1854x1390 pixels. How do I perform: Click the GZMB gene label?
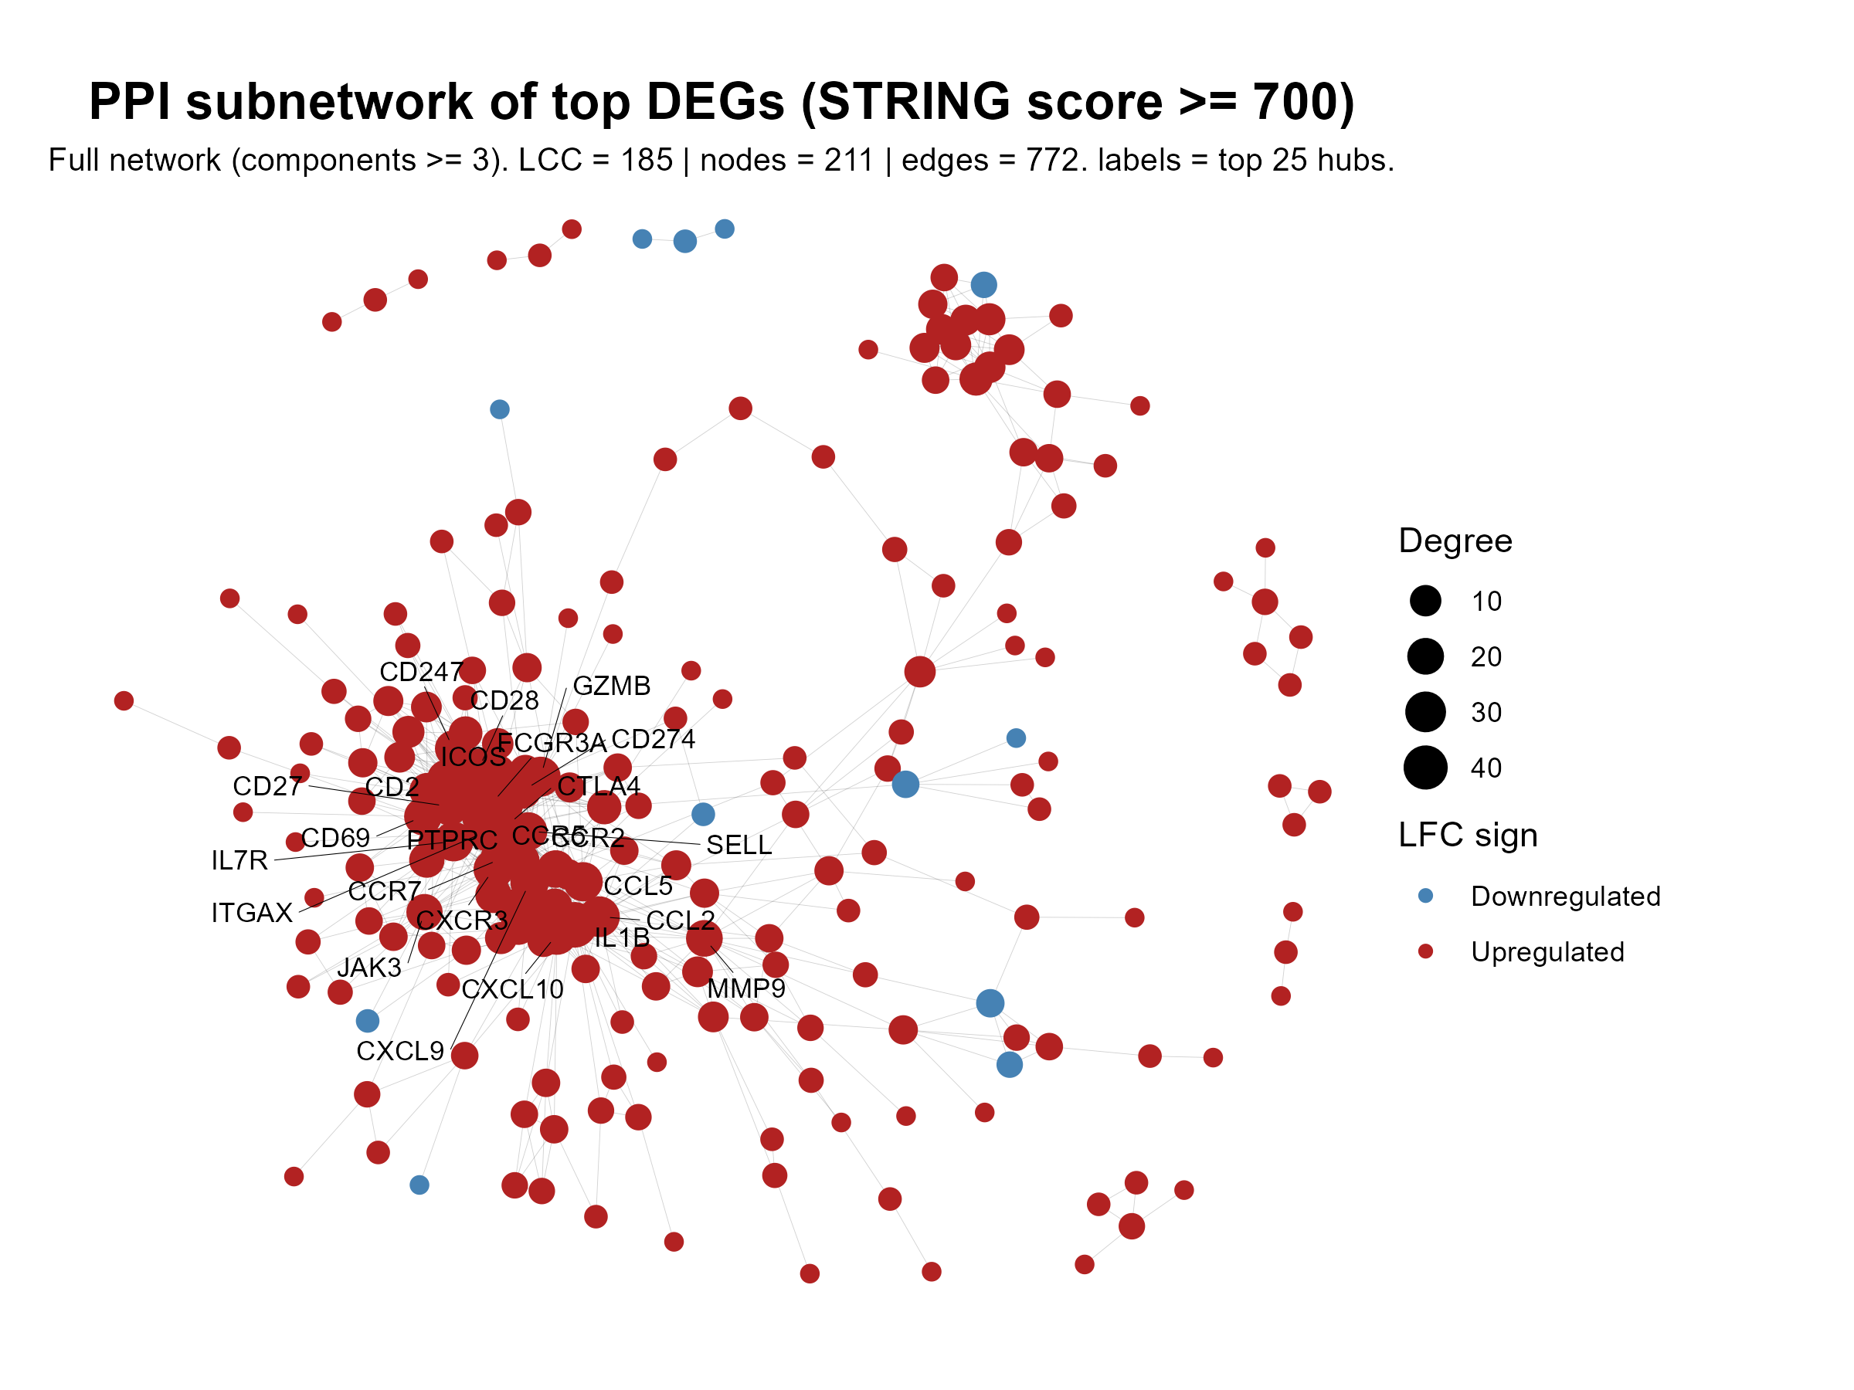pyautogui.click(x=611, y=687)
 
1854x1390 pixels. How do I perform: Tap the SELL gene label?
pyautogui.click(x=739, y=846)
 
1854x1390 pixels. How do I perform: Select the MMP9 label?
pyautogui.click(x=746, y=988)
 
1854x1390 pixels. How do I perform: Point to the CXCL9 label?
pyautogui.click(x=400, y=1052)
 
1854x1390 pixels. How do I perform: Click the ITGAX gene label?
pyautogui.click(x=251, y=914)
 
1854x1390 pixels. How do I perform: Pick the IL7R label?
pyautogui.click(x=239, y=860)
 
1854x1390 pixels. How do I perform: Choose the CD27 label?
pyautogui.click(x=267, y=787)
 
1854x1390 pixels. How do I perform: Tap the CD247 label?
pyautogui.click(x=421, y=672)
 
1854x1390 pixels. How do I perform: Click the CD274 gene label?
pyautogui.click(x=653, y=740)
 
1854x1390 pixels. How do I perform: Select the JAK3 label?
pyautogui.click(x=368, y=968)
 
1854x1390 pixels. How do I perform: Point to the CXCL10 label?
pyautogui.click(x=512, y=990)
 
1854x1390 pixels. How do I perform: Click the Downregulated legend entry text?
pyautogui.click(x=1565, y=897)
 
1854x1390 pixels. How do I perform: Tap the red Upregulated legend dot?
pyautogui.click(x=1424, y=952)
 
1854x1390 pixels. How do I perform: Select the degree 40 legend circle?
pyautogui.click(x=1424, y=768)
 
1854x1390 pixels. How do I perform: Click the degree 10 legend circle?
pyautogui.click(x=1424, y=601)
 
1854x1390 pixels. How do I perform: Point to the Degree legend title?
pyautogui.click(x=1455, y=541)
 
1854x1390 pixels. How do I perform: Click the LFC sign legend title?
pyautogui.click(x=1468, y=836)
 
